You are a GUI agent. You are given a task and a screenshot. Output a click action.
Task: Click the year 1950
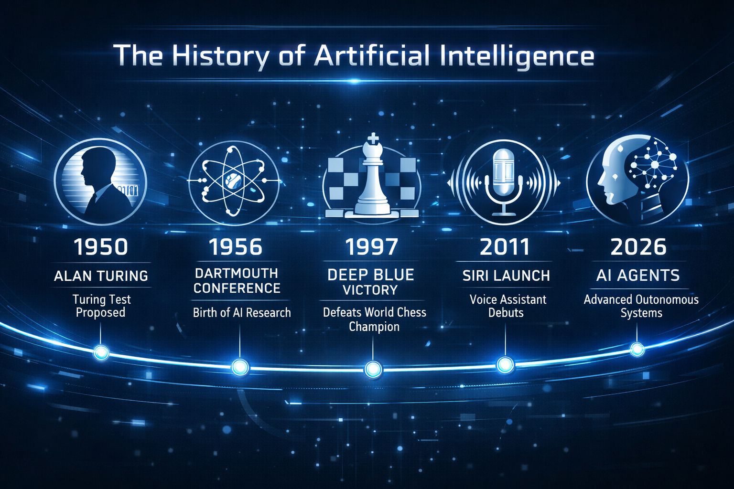point(101,247)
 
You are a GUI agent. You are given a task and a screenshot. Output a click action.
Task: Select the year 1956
point(236,247)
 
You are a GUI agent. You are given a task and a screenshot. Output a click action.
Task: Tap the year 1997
point(371,247)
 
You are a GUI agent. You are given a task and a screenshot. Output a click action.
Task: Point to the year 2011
point(505,247)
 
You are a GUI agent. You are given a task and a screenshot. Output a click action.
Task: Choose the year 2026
point(638,247)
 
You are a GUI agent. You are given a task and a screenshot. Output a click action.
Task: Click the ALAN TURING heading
point(101,276)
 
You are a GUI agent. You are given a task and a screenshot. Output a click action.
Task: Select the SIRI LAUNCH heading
point(506,276)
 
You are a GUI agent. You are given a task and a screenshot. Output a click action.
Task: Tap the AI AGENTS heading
point(638,275)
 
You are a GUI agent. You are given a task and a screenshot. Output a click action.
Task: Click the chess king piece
point(372,177)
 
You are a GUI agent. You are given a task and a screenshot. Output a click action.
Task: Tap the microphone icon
point(504,179)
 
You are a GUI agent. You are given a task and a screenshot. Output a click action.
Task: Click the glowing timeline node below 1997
point(373,369)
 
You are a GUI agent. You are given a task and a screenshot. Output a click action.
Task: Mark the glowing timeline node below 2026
point(637,349)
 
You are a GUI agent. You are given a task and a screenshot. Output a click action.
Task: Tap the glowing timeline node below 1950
point(101,352)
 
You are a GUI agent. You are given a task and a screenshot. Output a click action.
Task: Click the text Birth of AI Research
point(242,313)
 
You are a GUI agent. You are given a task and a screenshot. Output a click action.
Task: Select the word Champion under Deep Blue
point(374,327)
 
